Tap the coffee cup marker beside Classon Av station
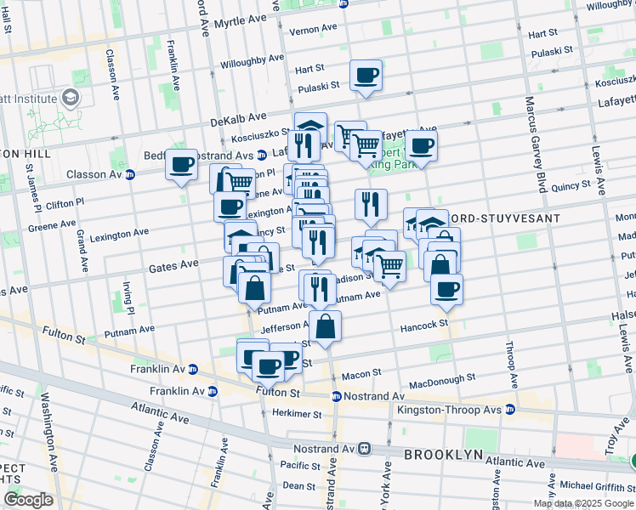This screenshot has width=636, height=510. coord(181,165)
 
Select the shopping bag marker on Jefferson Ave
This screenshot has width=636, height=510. coord(325,326)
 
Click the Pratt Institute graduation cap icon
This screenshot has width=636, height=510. coord(64,99)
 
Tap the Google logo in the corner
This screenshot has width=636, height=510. coord(28,500)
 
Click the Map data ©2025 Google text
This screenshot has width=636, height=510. coord(583,503)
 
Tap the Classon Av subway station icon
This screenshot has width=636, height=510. coord(130,175)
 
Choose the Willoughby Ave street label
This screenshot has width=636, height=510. coord(253,62)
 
